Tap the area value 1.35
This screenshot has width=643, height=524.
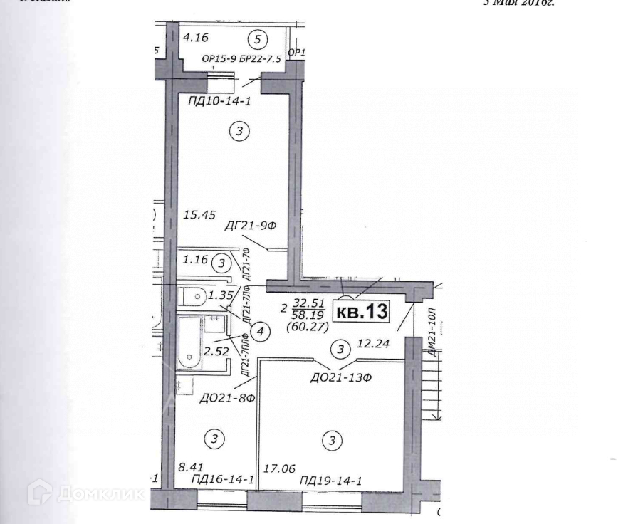[x=221, y=293]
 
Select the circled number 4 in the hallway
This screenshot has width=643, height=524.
[x=261, y=331]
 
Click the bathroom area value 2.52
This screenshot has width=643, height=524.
[x=197, y=350]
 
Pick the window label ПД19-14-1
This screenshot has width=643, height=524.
[x=331, y=481]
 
